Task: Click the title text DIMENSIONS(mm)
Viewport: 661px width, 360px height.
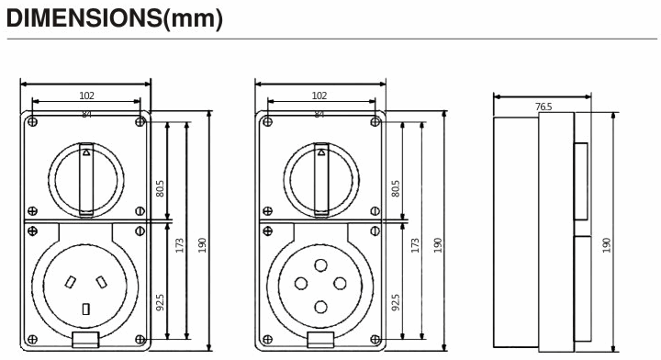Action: [x=115, y=19]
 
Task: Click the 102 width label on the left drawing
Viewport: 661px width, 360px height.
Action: [x=85, y=95]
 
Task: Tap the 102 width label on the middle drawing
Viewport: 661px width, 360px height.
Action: [x=319, y=95]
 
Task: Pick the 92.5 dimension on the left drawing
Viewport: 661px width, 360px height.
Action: [x=161, y=302]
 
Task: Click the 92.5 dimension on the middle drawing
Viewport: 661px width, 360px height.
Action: [x=396, y=302]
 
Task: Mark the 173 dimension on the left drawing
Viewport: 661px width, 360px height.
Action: [x=181, y=245]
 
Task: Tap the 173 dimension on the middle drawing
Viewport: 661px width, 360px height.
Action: [x=416, y=245]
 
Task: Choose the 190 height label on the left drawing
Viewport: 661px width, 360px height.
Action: [x=202, y=245]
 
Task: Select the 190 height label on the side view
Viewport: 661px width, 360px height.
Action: [x=607, y=245]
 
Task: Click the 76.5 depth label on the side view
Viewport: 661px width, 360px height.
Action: [x=543, y=107]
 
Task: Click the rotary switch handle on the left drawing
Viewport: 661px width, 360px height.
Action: [x=85, y=179]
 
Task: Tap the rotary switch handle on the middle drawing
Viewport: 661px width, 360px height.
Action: [x=320, y=179]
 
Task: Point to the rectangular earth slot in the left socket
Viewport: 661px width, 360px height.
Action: [x=85, y=310]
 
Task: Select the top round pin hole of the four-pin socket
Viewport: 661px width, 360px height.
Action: [x=320, y=264]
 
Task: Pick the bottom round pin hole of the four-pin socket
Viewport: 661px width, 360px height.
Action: [x=320, y=309]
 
